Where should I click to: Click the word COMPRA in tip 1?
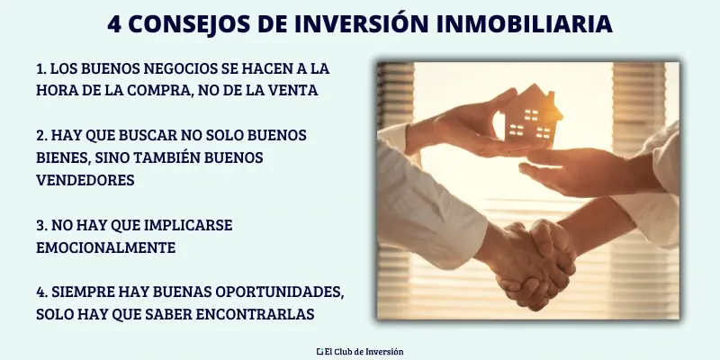coord(194,90)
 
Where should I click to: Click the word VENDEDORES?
coord(85,180)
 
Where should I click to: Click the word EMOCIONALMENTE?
coord(106,247)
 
